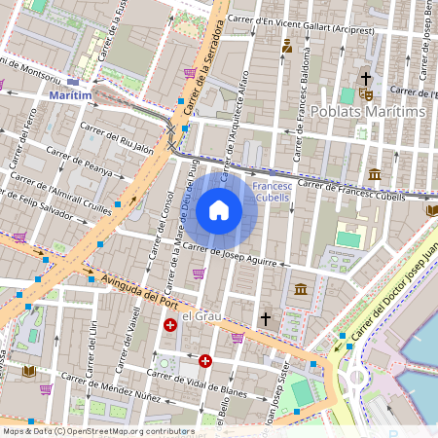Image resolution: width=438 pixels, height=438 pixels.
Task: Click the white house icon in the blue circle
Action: point(219,209)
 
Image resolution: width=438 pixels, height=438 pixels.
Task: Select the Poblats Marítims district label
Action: point(381,113)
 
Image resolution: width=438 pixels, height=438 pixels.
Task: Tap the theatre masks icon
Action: point(367,93)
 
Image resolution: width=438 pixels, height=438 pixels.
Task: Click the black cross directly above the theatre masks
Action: point(366,77)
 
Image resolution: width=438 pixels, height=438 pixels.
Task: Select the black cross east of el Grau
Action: point(264,317)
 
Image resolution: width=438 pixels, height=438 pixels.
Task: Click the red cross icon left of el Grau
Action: point(170,324)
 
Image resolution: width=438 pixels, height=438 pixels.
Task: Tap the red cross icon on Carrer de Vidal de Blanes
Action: point(205,361)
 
